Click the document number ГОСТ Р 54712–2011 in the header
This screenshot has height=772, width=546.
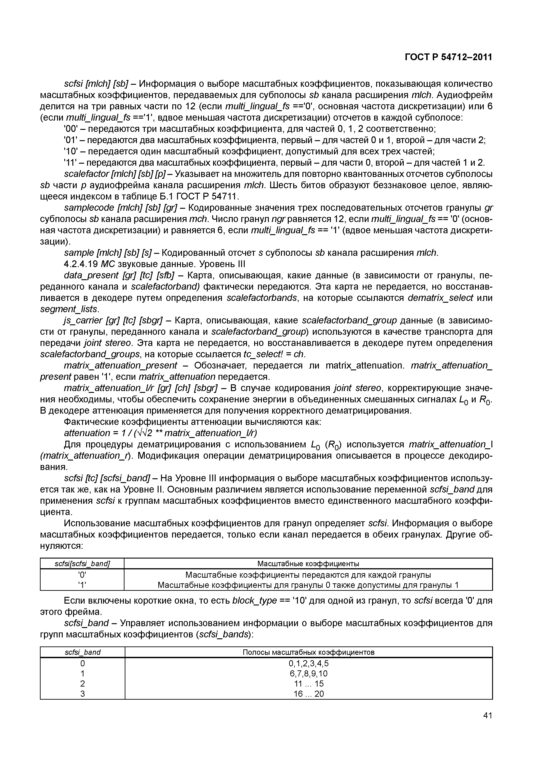tap(448, 57)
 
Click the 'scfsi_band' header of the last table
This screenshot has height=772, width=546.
tap(82, 652)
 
